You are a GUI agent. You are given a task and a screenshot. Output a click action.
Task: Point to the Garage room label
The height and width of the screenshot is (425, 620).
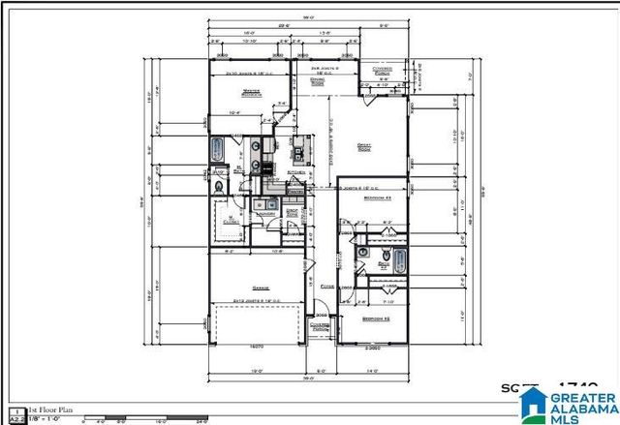(x=259, y=288)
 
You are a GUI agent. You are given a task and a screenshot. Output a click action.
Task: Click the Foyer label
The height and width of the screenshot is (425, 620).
(x=326, y=288)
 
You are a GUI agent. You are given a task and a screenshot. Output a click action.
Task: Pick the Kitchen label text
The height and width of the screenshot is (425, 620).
(x=294, y=172)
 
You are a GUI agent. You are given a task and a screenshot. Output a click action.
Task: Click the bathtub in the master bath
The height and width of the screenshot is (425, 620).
(x=218, y=150)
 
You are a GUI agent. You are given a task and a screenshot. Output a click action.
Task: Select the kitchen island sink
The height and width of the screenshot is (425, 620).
(x=301, y=150)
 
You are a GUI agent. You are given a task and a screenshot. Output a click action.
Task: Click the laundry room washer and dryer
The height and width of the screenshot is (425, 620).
(x=262, y=204)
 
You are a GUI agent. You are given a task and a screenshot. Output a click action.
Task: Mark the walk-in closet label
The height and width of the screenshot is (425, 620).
(x=230, y=220)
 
